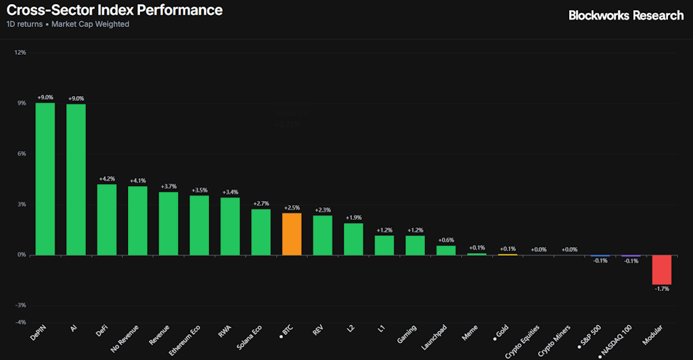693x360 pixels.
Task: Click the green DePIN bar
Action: point(45,179)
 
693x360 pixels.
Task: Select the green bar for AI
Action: point(76,179)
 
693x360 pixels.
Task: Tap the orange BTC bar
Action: point(292,234)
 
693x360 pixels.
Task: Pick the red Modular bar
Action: point(661,269)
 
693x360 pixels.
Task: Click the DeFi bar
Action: point(107,219)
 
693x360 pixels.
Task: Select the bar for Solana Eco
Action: point(261,232)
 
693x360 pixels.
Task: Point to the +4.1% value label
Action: point(138,181)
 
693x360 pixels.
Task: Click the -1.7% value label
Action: point(661,289)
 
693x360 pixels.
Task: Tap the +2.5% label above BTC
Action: point(292,208)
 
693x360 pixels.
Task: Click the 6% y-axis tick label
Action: point(22,154)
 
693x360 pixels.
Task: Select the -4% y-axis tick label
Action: point(20,321)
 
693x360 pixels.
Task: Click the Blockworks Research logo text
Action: point(626,15)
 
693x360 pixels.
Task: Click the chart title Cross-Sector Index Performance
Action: point(114,11)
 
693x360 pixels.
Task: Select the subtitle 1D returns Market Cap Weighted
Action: point(68,24)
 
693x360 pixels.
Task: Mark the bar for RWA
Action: point(230,226)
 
